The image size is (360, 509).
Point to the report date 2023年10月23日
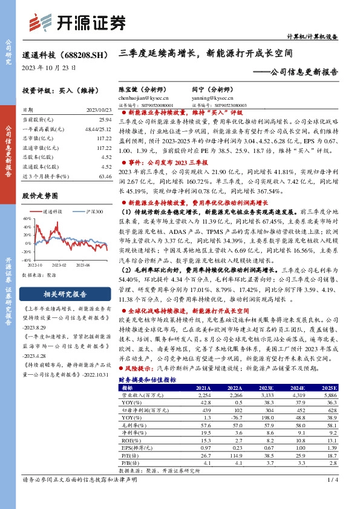(49, 68)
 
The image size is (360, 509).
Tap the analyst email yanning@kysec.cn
(212, 97)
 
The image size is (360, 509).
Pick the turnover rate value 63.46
(106, 176)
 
